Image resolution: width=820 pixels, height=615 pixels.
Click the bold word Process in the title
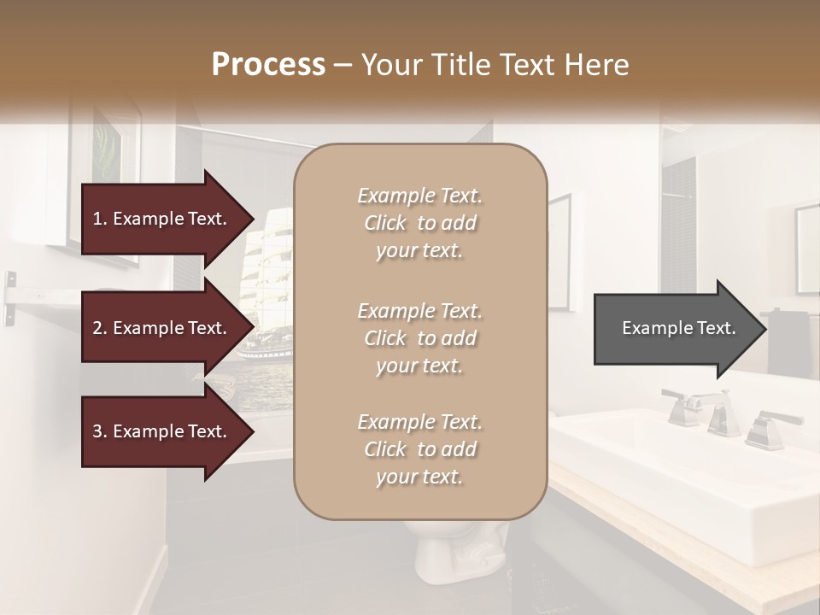[268, 65]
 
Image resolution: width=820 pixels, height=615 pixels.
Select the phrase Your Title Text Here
[495, 65]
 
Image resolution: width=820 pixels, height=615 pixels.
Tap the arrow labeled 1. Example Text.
[162, 219]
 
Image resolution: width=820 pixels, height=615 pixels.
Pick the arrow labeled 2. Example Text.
[162, 328]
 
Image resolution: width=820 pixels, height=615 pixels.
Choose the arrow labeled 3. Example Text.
[162, 431]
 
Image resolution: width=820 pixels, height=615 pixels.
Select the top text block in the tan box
[419, 223]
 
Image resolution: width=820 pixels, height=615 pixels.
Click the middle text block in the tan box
[419, 338]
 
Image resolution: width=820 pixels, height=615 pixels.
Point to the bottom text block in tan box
[419, 449]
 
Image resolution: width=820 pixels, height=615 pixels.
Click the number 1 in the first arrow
[97, 219]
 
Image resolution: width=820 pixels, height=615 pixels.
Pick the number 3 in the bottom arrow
[97, 431]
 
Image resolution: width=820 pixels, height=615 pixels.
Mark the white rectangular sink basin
[683, 478]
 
